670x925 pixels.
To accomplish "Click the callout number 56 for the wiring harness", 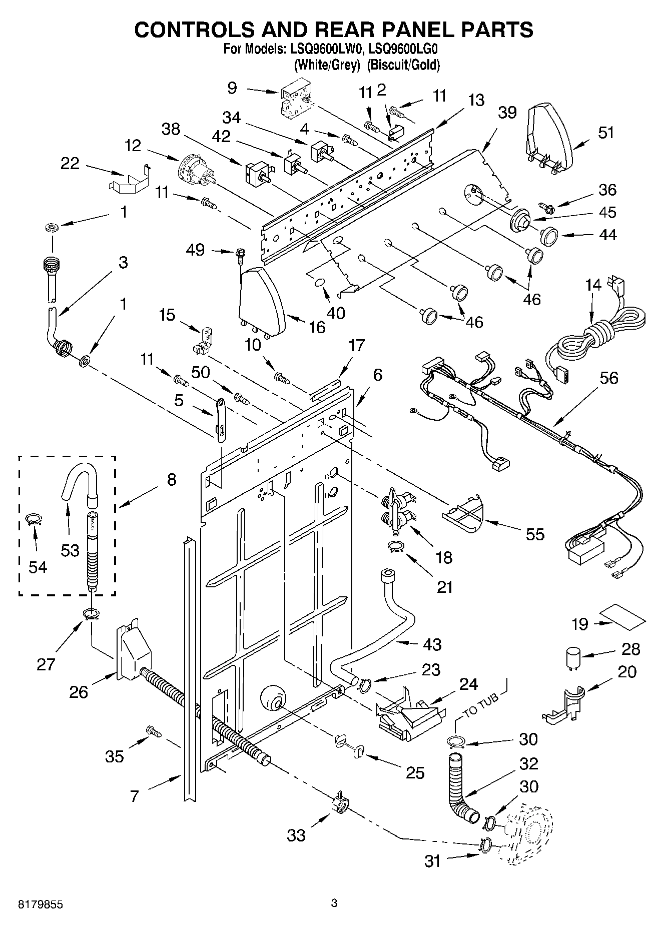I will (608, 378).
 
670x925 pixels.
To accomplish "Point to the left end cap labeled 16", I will (262, 300).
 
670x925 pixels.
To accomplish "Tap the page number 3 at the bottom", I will (334, 903).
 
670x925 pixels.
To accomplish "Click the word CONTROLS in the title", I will (201, 30).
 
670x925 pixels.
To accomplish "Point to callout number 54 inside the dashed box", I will (38, 567).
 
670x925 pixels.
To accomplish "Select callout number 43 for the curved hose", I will (432, 644).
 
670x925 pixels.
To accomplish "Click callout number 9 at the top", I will (232, 88).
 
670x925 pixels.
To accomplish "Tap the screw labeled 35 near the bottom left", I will (153, 731).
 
